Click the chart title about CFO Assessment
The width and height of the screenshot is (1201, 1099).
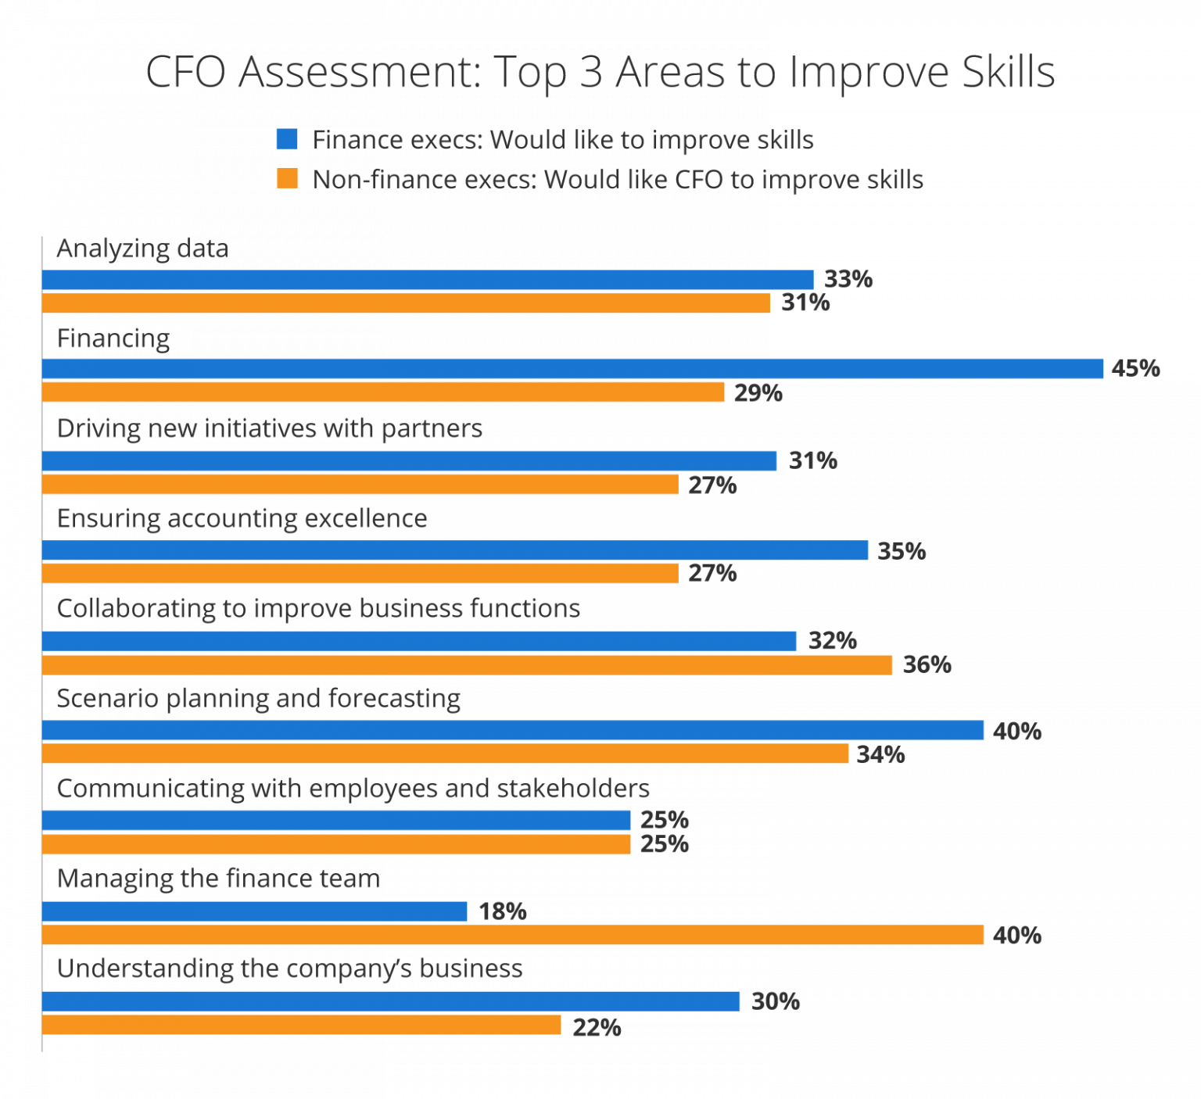pyautogui.click(x=600, y=72)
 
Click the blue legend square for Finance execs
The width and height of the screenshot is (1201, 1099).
pyautogui.click(x=287, y=139)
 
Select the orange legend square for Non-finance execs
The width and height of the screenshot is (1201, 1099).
pyautogui.click(x=287, y=179)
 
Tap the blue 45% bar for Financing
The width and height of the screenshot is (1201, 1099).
pyautogui.click(x=572, y=369)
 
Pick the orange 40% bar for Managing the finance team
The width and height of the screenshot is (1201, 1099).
pyautogui.click(x=513, y=935)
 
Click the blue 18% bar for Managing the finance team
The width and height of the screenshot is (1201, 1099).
pyautogui.click(x=255, y=911)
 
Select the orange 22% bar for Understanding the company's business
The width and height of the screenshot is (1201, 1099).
pyautogui.click(x=302, y=1025)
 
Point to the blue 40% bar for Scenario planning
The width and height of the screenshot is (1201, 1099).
pyautogui.click(x=513, y=731)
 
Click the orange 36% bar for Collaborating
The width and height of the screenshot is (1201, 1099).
pyautogui.click(x=467, y=665)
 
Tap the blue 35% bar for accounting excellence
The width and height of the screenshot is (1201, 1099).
pyautogui.click(x=455, y=550)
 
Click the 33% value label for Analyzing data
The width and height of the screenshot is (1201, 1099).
pyautogui.click(x=848, y=279)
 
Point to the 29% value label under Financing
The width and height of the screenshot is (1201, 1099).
pyautogui.click(x=758, y=392)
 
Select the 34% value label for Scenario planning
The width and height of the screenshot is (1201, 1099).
pyautogui.click(x=880, y=754)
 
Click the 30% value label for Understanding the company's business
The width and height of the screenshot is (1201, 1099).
pyautogui.click(x=775, y=1001)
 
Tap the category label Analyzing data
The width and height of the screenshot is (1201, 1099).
pyautogui.click(x=142, y=249)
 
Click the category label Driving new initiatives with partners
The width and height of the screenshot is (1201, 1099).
pyautogui.click(x=269, y=428)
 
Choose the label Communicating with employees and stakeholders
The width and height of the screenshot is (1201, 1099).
pyautogui.click(x=353, y=789)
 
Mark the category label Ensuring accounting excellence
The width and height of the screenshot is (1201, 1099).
pyautogui.click(x=242, y=518)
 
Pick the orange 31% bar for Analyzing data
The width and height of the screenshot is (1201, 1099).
pyautogui.click(x=406, y=303)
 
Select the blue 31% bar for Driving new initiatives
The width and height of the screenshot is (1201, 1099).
pyautogui.click(x=409, y=460)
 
